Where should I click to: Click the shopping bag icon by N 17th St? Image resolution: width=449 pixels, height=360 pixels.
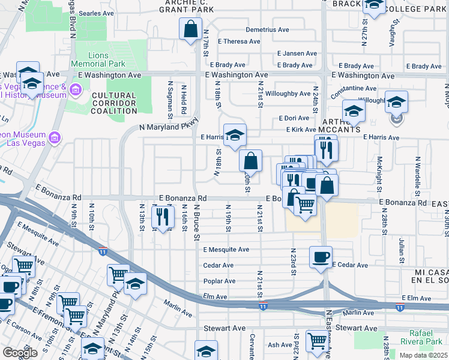pos(190,29)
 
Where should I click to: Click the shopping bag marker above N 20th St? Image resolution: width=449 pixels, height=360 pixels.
pos(251,160)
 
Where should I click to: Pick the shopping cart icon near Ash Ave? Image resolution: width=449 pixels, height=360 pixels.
pos(317,340)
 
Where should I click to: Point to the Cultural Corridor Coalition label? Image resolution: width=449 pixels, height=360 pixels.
pos(114,103)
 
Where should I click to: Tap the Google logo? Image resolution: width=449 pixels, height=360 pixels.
pos(20,353)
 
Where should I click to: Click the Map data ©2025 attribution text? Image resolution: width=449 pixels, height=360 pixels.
pos(423,355)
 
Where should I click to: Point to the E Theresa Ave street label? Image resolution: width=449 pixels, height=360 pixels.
pos(239,41)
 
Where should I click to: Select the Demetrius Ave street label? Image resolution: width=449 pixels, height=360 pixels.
pos(267,29)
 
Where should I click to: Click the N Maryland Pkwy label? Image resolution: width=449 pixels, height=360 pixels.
pos(168,127)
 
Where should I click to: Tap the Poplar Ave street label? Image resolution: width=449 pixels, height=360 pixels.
pos(219,281)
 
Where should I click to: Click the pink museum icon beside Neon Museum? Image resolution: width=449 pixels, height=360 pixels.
pos(55,139)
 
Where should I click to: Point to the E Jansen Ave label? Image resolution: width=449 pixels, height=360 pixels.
pos(297,53)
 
